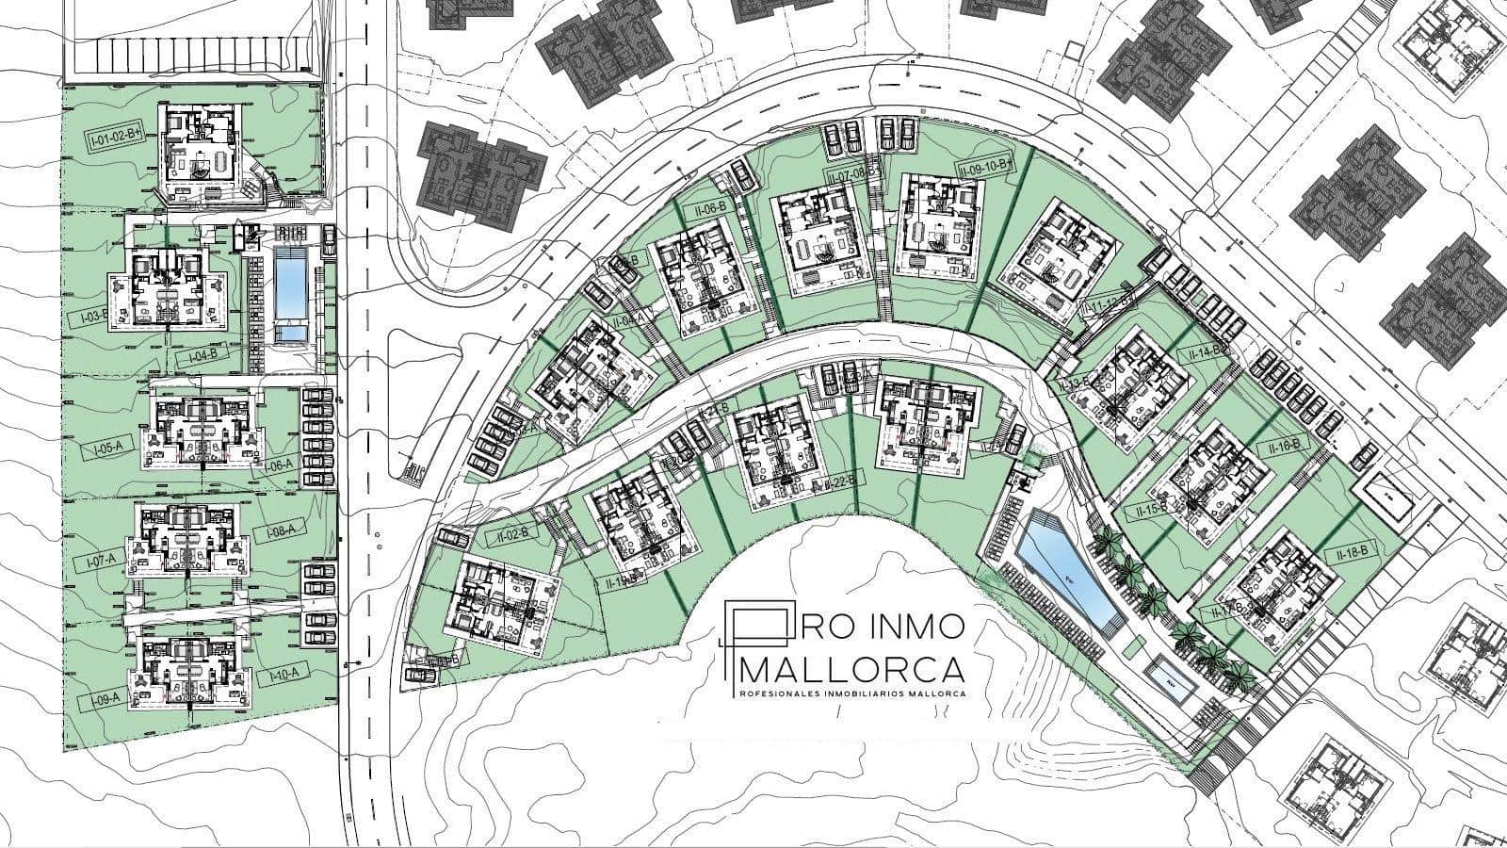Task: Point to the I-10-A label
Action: coord(284,674)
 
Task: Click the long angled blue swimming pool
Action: coord(1063,565)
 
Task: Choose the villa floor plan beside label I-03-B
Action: coord(167,288)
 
